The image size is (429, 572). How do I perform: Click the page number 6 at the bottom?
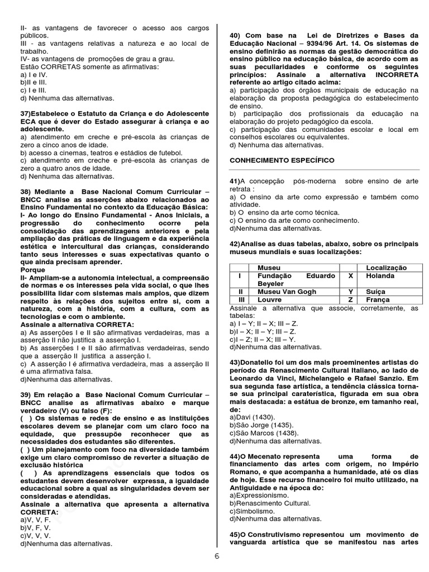[x=217, y=556]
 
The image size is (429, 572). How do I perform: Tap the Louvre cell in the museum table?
[x=270, y=299]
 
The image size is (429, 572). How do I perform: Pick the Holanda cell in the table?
[x=380, y=276]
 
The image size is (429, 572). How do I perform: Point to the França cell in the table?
[x=378, y=299]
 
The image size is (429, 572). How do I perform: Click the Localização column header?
[x=386, y=268]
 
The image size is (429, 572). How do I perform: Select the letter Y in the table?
[x=350, y=292]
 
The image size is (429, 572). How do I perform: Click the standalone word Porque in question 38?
[x=33, y=269]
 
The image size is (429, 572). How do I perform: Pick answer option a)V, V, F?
[x=35, y=519]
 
